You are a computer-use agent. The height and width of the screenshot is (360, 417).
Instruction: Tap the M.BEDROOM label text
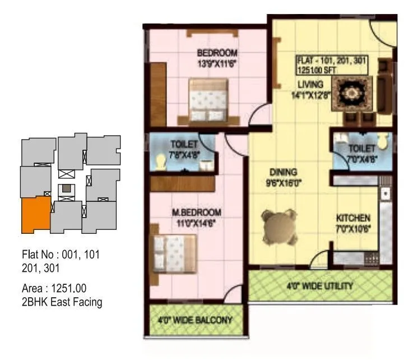click(x=196, y=213)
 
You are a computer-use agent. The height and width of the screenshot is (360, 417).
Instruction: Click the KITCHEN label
click(x=353, y=218)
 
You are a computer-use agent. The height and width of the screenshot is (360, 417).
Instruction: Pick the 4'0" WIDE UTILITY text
click(x=319, y=286)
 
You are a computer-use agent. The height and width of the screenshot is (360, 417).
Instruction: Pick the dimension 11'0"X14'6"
click(x=196, y=222)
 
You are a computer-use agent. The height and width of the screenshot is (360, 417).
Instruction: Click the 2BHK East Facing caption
click(x=62, y=303)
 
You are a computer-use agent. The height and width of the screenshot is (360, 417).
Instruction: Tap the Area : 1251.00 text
click(x=54, y=289)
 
